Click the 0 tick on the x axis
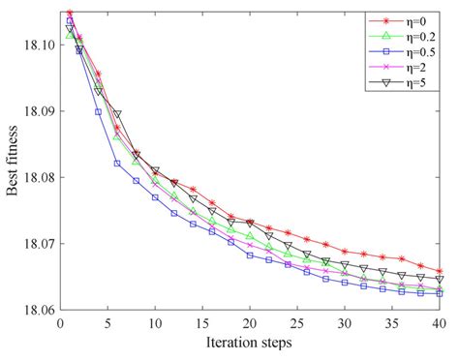click(60, 322)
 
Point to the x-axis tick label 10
click(155, 322)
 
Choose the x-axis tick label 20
click(250, 322)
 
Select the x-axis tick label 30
click(345, 322)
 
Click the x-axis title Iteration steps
click(250, 343)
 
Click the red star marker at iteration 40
click(440, 272)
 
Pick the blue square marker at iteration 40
click(440, 293)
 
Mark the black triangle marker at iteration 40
click(440, 280)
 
